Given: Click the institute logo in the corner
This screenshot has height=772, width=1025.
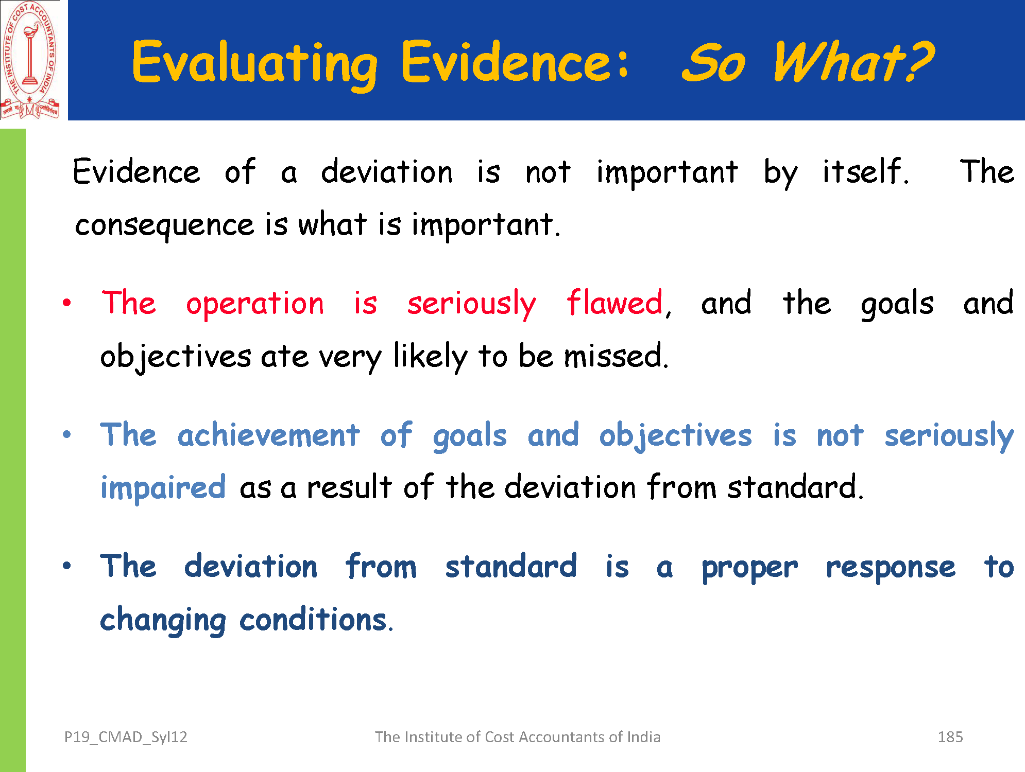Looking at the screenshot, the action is tap(30, 60).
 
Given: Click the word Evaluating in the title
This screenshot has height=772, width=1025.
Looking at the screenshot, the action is tap(255, 64).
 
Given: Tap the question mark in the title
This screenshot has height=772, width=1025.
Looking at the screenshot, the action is tap(916, 61).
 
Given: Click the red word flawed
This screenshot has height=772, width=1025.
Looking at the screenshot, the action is tap(614, 302).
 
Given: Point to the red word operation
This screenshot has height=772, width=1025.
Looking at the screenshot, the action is tap(255, 304).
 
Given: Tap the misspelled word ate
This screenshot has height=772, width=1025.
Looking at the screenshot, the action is tap(285, 356).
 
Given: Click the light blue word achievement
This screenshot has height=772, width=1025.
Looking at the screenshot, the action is tap(268, 435).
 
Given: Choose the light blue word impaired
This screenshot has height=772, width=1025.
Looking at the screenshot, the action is tap(163, 487).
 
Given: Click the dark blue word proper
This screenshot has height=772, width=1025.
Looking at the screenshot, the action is tap(750, 568).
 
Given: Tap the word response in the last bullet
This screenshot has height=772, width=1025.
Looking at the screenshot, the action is tap(891, 568).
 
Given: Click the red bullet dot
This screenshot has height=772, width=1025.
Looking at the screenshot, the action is tap(66, 303).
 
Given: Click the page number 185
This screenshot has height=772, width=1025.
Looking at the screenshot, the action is tap(950, 737).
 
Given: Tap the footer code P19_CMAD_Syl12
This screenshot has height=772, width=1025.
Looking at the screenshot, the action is tap(126, 738).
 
